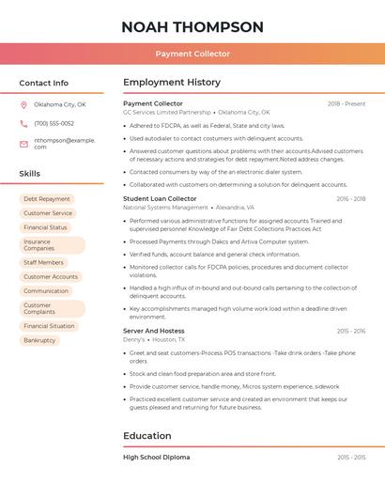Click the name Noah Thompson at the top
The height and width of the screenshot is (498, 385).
[x=192, y=27]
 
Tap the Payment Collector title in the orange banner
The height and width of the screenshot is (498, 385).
[x=192, y=54]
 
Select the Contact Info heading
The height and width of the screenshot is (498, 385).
[x=43, y=83]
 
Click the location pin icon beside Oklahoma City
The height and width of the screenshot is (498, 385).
[x=23, y=104]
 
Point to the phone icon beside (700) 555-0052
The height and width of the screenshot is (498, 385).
[x=23, y=123]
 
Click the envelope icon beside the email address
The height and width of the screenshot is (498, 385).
[x=23, y=144]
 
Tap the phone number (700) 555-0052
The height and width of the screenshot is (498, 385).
[x=54, y=123]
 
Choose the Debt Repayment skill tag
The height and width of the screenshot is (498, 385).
[x=47, y=199]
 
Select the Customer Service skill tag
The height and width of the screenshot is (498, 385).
[x=48, y=213]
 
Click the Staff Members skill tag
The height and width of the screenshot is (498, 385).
[x=44, y=263]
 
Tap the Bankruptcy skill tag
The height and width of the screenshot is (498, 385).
[x=39, y=340]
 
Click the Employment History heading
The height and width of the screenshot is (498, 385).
[x=172, y=83]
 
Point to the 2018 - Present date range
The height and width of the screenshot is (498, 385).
[x=346, y=103]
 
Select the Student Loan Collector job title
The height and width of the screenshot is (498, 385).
[x=160, y=198]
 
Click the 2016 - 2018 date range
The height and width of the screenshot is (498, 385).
[x=350, y=198]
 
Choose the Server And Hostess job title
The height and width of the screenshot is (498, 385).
[x=153, y=331]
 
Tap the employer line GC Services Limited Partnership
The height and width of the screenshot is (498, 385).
[x=167, y=112]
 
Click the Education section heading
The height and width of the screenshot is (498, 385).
[x=147, y=436]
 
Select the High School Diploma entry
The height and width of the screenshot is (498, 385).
[x=157, y=458]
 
